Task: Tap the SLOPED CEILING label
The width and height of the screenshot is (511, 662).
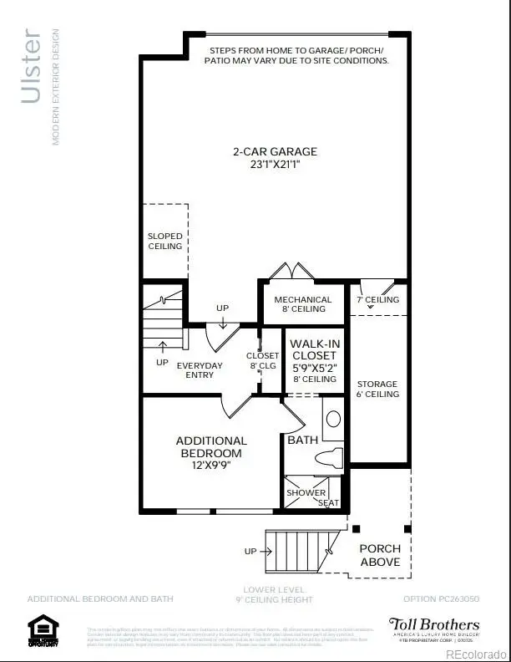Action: pos(164,241)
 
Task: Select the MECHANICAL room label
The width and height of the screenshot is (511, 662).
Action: pos(302,299)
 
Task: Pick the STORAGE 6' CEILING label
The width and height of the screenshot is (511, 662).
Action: pos(377,389)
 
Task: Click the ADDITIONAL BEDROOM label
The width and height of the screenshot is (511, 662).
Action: pos(211,446)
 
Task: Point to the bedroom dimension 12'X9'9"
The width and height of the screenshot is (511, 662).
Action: pos(211,465)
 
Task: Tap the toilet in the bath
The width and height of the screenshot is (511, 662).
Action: pos(331,457)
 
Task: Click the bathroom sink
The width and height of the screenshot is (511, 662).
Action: pos(332,420)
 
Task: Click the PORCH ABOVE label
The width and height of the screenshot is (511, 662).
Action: pos(380,555)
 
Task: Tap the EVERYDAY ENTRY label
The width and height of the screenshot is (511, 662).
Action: pos(200,370)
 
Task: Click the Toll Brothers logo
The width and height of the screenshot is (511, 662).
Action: pos(433,628)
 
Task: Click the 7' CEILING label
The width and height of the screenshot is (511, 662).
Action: pos(377,299)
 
